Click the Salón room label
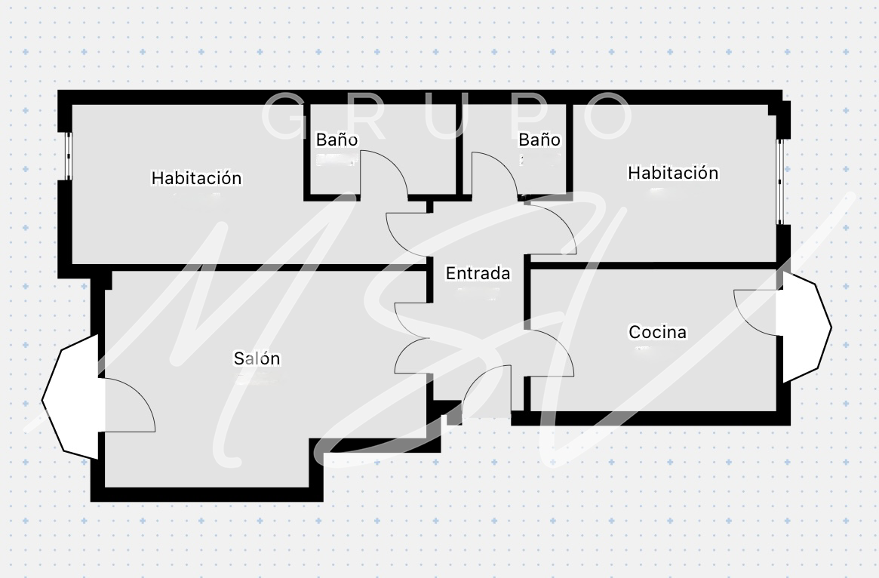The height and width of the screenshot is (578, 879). (x=257, y=358)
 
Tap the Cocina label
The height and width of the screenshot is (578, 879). (x=657, y=332)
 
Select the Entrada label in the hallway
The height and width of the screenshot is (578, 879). (x=478, y=274)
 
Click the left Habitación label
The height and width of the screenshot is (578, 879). (x=196, y=178)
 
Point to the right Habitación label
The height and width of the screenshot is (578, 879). (x=673, y=173)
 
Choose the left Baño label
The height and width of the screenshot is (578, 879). (x=337, y=140)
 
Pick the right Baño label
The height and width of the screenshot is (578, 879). (x=539, y=140)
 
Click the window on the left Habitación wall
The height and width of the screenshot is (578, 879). (x=67, y=155)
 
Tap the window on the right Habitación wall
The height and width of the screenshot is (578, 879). (x=781, y=181)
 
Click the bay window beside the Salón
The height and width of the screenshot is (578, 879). (x=69, y=396)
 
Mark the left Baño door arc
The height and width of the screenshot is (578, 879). (x=385, y=174)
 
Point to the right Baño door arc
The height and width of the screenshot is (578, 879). (x=495, y=174)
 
